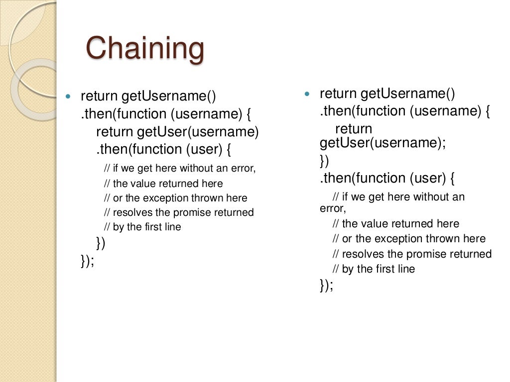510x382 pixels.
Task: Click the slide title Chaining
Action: [145, 49]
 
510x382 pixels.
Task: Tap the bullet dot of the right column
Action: [307, 94]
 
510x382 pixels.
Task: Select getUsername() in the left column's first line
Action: [169, 96]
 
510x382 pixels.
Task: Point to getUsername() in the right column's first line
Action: [407, 93]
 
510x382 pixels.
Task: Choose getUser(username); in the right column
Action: [382, 143]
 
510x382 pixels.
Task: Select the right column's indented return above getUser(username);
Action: [354, 129]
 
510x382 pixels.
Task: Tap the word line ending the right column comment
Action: [405, 269]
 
